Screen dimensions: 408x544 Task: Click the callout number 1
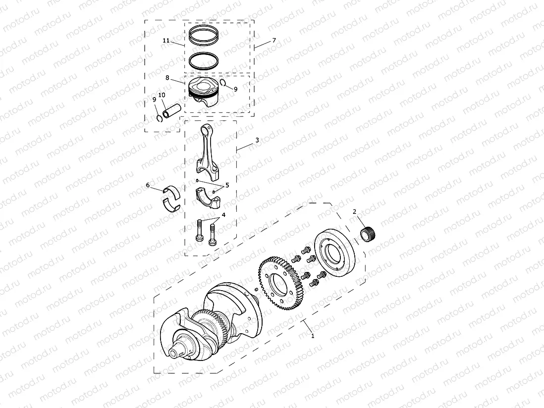point(312,335)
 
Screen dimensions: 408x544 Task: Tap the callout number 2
point(354,211)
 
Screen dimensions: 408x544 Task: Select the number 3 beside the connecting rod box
point(257,140)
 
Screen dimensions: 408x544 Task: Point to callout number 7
point(273,40)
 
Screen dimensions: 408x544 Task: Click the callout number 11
point(165,40)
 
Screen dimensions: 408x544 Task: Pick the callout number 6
point(148,185)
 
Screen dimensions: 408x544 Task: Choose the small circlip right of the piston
point(224,83)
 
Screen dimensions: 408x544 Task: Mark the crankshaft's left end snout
point(175,353)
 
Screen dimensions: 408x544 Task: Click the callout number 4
point(223,215)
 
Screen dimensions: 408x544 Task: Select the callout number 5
point(227,185)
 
